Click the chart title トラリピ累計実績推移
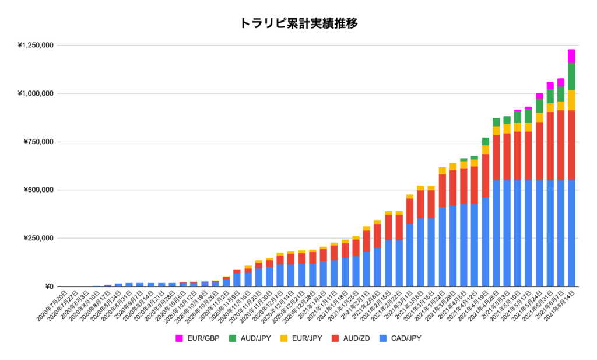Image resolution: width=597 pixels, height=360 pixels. point(298,23)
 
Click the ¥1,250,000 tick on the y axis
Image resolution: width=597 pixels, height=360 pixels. point(36,45)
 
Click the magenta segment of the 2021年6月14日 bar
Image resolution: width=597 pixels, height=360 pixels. point(571,56)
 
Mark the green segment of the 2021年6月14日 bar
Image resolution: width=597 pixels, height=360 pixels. point(571,76)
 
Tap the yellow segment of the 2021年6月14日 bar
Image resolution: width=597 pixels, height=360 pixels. point(571,100)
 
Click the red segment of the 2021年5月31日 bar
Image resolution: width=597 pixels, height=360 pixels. point(550,146)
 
